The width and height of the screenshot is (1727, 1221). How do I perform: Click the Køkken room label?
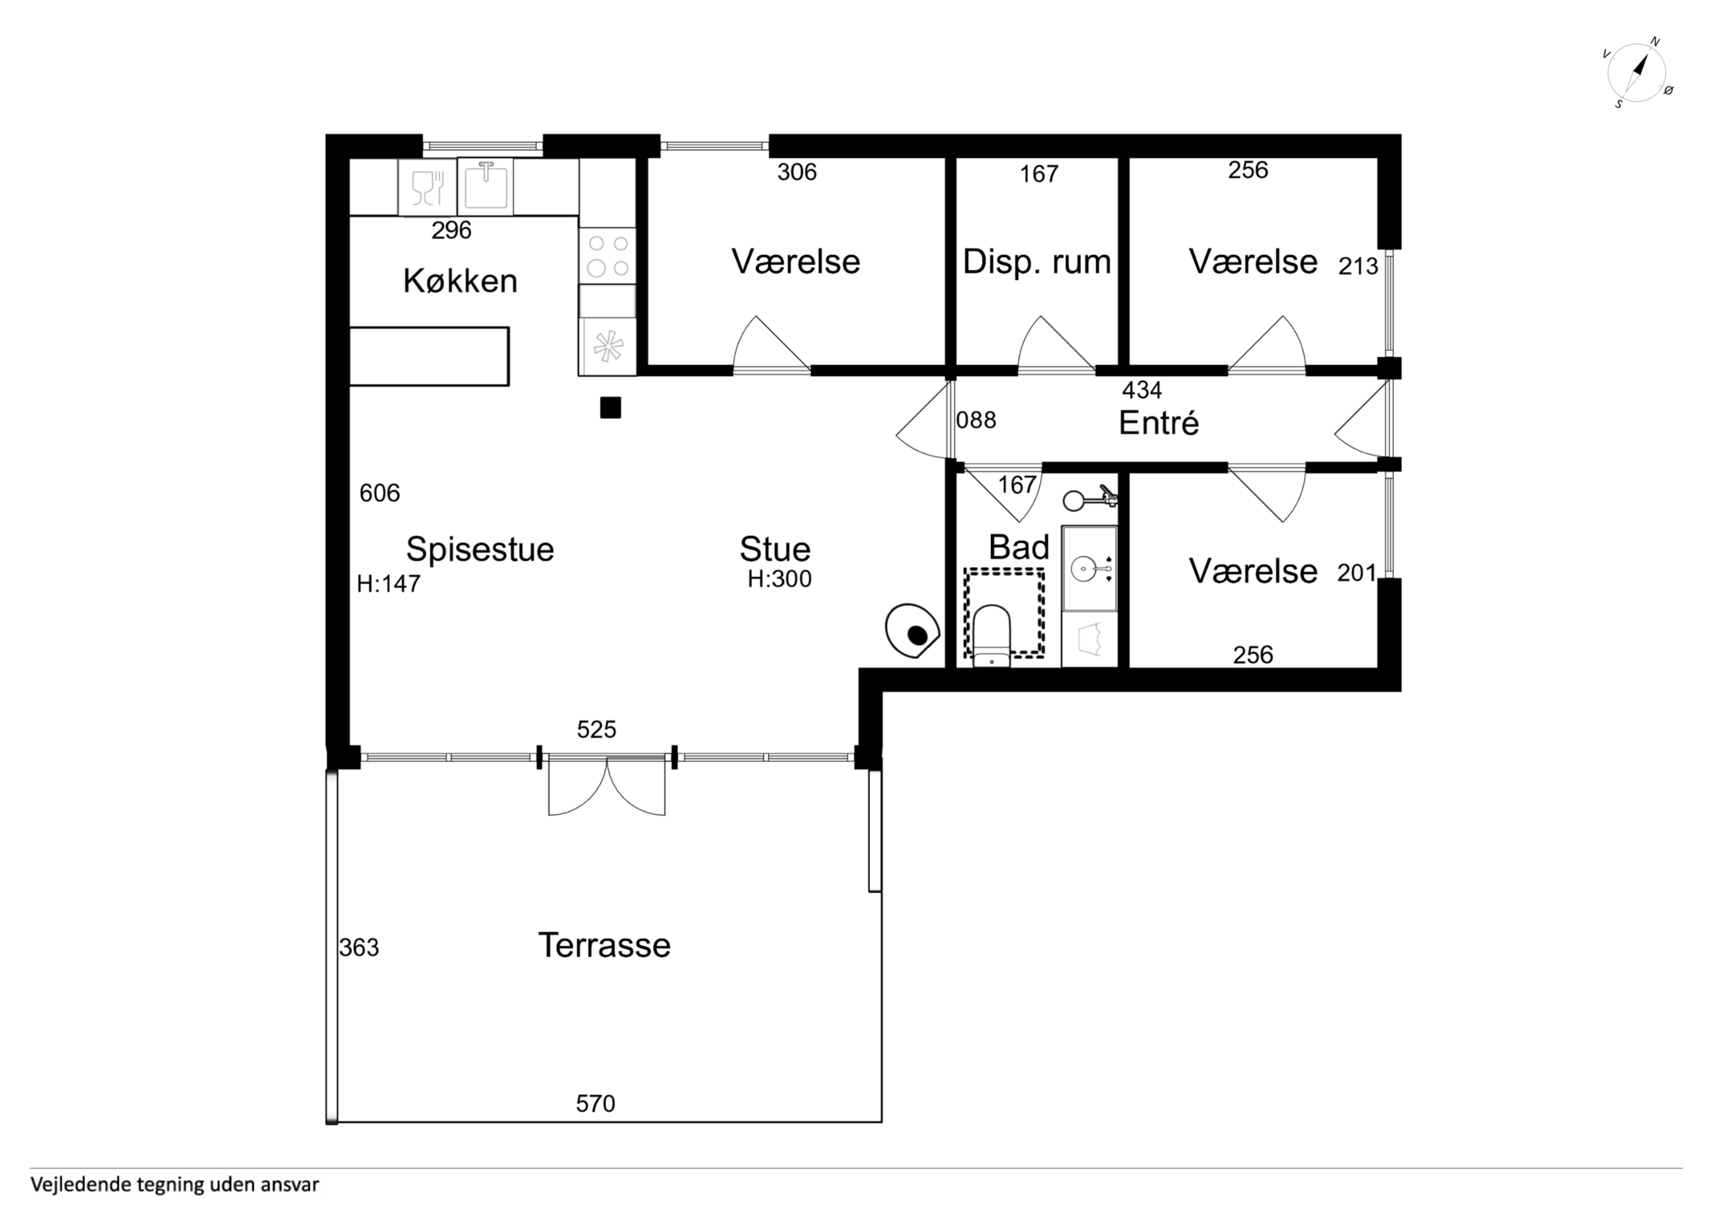[x=461, y=282]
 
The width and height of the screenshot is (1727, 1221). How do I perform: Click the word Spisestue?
[x=480, y=550]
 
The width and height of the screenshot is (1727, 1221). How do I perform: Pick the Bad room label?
[x=1019, y=547]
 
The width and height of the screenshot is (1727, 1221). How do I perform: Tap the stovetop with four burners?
[x=608, y=256]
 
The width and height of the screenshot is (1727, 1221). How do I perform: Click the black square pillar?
[x=610, y=408]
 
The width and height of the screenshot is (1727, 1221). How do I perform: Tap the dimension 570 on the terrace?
[x=596, y=1104]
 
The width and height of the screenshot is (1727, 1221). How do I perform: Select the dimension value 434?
[x=1142, y=390]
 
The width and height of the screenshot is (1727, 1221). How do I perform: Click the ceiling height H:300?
[x=780, y=579]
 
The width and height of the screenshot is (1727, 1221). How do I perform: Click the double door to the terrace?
[x=607, y=785]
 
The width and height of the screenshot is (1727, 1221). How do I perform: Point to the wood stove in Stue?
[x=913, y=631]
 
